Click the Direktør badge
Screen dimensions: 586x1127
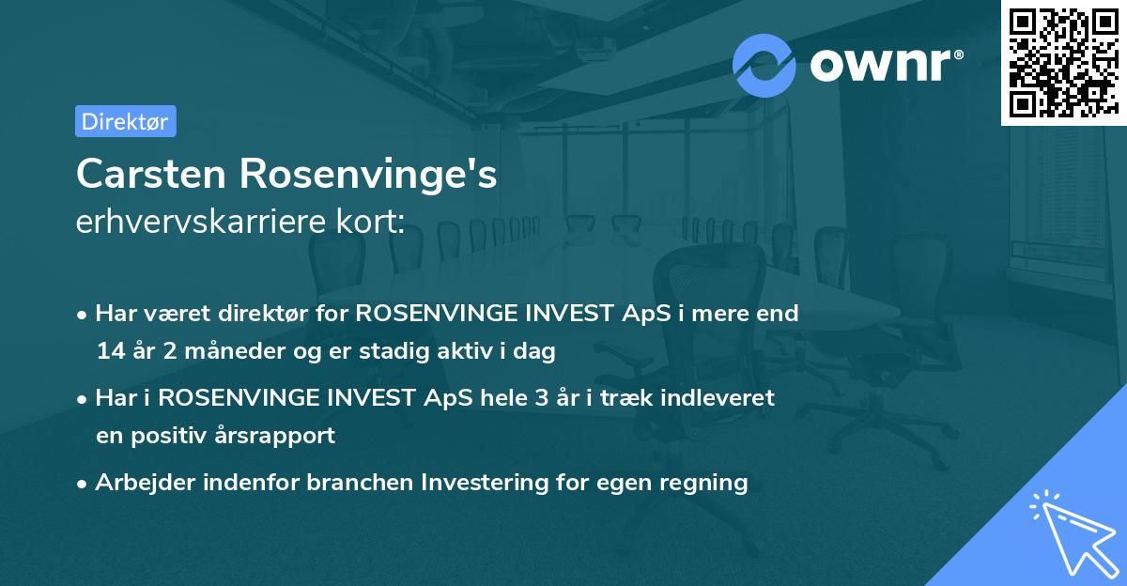[124, 121]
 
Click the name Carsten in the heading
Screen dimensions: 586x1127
[150, 174]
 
